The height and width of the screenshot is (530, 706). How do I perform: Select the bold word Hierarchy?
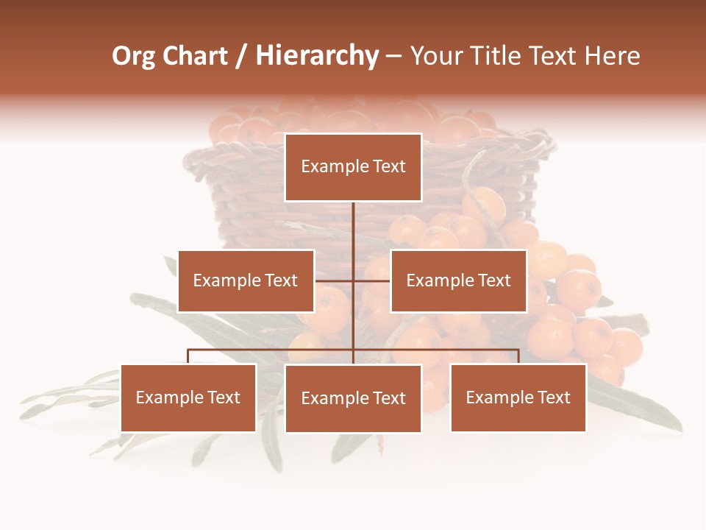[317, 57]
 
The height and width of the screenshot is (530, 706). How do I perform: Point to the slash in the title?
[241, 57]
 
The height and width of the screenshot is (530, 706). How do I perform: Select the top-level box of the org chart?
[353, 168]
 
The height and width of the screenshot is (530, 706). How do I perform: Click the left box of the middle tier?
[246, 281]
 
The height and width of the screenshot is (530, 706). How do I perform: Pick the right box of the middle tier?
[459, 281]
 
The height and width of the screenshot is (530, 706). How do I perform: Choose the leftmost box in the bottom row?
[188, 398]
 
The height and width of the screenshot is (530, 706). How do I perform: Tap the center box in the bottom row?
[353, 398]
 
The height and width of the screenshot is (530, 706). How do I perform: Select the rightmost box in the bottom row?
[518, 398]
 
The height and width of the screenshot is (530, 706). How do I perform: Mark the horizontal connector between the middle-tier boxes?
[353, 280]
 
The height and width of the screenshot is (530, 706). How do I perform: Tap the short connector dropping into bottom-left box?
[188, 357]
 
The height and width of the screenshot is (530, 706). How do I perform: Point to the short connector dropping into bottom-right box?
[518, 357]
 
